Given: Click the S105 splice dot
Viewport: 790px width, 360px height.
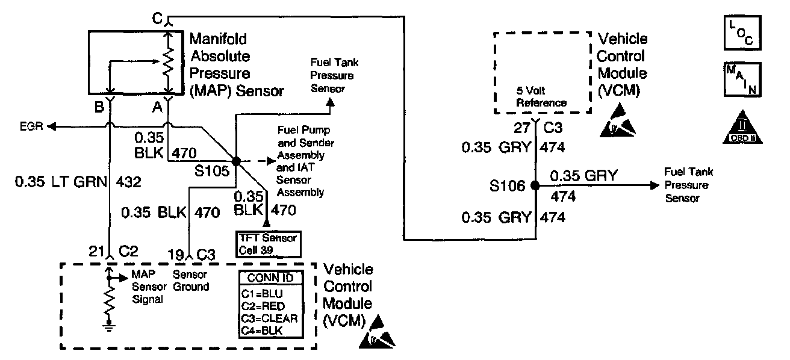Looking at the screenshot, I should (236, 161).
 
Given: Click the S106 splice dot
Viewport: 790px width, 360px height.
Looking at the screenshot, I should (534, 186).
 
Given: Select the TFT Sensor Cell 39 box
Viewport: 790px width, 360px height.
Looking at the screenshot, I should (269, 244).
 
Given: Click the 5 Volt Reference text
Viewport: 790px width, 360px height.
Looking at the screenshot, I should (542, 98).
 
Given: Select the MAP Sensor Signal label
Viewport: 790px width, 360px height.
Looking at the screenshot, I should (147, 287).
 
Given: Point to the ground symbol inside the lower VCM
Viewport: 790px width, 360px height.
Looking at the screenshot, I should (108, 328).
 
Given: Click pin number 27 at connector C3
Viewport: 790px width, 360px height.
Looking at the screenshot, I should (521, 128).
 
